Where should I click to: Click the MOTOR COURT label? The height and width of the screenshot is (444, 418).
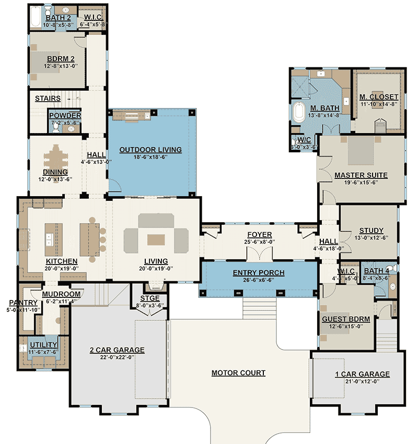pos(238,373)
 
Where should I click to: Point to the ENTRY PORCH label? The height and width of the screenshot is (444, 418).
pos(259,273)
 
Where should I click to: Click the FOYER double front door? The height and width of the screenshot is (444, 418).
pos(259,255)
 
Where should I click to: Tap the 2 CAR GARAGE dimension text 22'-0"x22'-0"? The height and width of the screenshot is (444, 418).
pos(117,357)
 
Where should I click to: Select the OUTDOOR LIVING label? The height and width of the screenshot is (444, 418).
pos(150,150)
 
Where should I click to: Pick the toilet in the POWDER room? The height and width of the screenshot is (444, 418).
pos(56,126)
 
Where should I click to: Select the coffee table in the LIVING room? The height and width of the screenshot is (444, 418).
pos(156,239)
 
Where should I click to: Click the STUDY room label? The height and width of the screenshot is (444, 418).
pos(371,231)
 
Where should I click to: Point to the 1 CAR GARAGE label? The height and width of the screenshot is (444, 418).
pos(362,374)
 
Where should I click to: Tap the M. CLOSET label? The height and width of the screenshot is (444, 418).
pos(379,97)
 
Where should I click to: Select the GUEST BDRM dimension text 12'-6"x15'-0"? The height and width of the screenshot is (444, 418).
pos(345,327)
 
